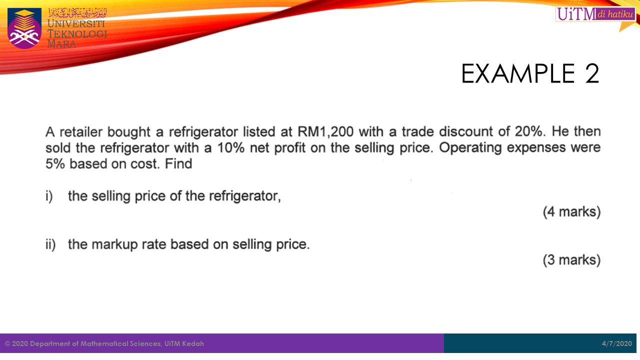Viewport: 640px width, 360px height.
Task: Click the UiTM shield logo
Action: (24, 28)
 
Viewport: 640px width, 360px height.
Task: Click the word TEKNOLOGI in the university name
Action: (77, 34)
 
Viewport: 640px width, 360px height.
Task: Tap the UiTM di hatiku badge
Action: (595, 14)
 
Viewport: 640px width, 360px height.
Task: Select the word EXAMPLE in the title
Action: (518, 73)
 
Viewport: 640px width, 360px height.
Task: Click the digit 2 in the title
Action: (592, 73)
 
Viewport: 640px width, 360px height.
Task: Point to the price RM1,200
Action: (325, 131)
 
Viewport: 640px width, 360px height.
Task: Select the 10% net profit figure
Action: (231, 147)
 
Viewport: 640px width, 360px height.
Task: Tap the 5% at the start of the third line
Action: (55, 164)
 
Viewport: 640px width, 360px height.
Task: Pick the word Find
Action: (178, 164)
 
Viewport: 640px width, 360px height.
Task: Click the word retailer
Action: (81, 132)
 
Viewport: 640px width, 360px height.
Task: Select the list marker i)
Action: (49, 196)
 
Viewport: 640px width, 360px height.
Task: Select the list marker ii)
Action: (50, 244)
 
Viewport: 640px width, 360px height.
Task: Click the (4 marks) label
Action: (571, 212)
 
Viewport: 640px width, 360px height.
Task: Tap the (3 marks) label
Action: (571, 260)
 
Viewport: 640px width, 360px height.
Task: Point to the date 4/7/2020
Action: (617, 343)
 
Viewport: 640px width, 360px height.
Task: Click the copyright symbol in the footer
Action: (7, 343)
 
